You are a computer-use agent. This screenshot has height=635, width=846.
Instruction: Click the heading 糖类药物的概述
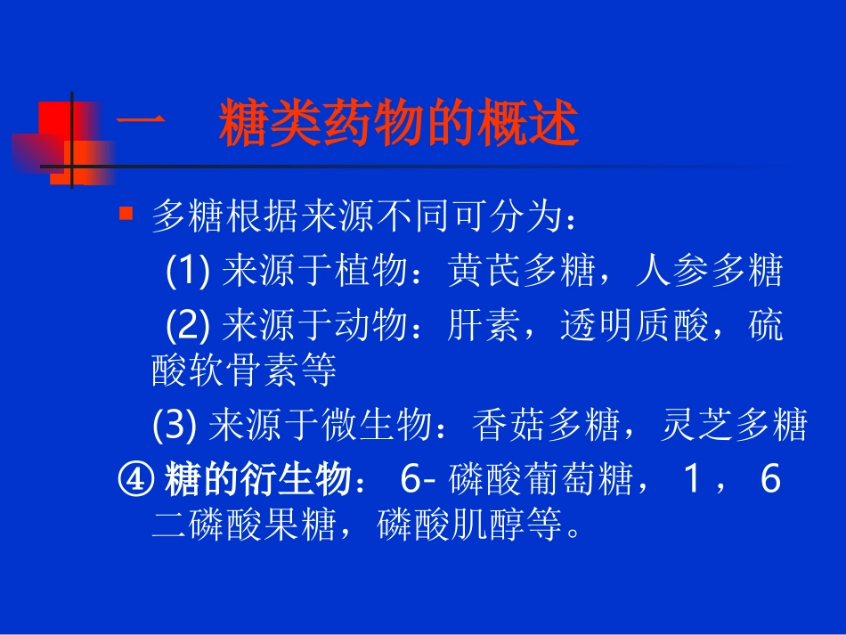(x=399, y=126)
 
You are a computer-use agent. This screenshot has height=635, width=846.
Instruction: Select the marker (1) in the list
(x=188, y=271)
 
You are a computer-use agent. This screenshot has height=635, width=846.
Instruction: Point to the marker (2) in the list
(x=188, y=327)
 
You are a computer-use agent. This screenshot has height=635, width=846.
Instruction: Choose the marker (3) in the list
(x=174, y=427)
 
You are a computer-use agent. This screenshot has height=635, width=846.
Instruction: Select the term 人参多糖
(x=710, y=271)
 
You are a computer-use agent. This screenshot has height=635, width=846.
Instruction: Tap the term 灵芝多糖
(x=735, y=427)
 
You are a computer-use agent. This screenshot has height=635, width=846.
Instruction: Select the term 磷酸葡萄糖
(x=540, y=482)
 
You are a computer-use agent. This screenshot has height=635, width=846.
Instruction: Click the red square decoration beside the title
(x=68, y=126)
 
